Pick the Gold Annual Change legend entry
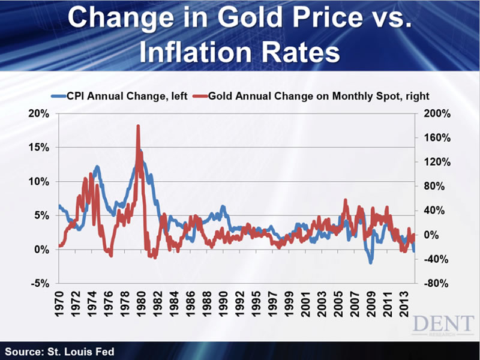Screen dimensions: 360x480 click(x=314, y=95)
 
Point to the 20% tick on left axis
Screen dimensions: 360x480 click(x=41, y=114)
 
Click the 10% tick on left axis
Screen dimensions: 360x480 click(x=41, y=181)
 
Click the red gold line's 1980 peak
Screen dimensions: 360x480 click(x=138, y=126)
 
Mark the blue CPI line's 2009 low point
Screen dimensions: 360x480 click(x=371, y=262)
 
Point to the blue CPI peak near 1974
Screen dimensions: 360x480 click(x=97, y=167)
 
